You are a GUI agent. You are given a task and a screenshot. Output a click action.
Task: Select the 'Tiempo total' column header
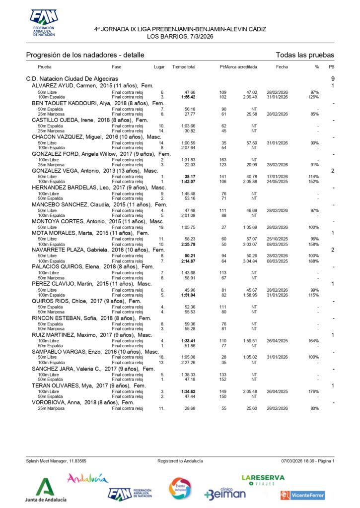click(184, 66)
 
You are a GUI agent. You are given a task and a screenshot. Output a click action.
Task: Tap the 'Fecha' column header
click(282, 66)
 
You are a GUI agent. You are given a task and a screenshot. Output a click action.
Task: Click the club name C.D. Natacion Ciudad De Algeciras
click(72, 79)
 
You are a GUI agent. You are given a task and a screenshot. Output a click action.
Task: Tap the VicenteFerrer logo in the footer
click(302, 495)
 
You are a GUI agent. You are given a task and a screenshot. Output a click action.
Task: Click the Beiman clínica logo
click(225, 492)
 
